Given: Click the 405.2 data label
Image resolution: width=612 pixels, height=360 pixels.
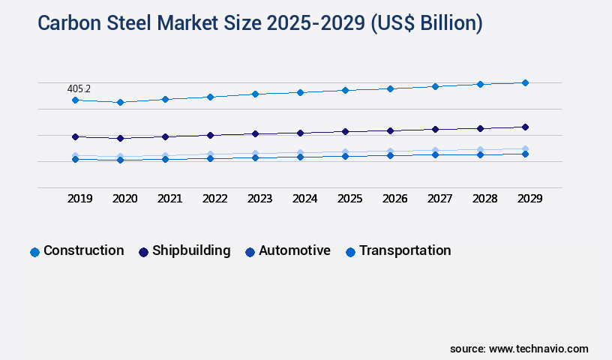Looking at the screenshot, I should click(79, 88).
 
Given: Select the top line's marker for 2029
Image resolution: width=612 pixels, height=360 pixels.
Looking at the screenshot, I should click(525, 82).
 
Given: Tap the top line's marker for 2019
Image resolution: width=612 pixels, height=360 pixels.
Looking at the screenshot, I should click(75, 100).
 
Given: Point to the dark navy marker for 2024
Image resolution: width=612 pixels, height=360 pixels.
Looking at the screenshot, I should click(300, 133).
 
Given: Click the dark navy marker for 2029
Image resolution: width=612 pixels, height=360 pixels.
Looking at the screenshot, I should click(525, 127).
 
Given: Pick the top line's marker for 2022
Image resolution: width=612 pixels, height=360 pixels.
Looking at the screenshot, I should click(210, 97).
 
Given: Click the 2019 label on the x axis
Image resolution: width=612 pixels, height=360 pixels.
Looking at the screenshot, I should click(79, 199).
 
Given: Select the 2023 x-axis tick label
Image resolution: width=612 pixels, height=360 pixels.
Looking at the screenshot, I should click(259, 199).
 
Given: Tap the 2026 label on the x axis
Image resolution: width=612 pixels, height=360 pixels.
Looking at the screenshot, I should click(394, 199).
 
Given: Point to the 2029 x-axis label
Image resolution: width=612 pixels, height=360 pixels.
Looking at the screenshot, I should click(529, 199).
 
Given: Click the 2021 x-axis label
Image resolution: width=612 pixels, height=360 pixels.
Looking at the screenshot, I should click(169, 199).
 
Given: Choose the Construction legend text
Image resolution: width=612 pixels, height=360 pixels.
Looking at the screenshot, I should click(84, 250).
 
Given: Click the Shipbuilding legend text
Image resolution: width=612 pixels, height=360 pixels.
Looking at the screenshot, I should click(191, 250).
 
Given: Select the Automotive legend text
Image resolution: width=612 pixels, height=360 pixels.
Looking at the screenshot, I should click(295, 250).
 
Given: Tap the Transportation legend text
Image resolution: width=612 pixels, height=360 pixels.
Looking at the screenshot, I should click(405, 250).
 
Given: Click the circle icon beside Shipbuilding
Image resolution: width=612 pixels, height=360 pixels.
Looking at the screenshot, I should click(143, 252).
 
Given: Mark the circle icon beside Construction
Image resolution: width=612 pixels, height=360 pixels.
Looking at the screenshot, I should click(34, 252).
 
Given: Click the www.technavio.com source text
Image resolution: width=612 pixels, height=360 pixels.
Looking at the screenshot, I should click(538, 349).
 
